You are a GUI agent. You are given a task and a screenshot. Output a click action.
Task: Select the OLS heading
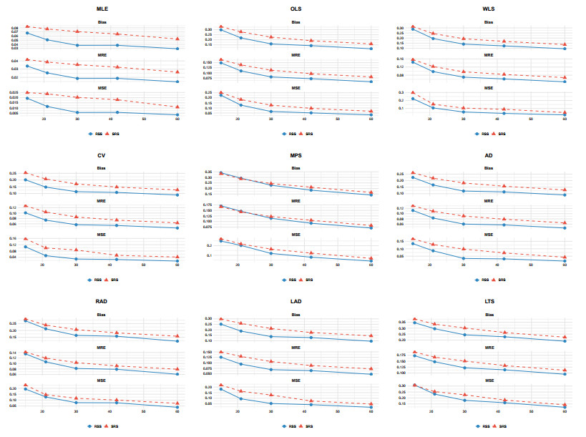[x=296, y=9]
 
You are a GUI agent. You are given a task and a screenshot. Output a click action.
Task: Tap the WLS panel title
[x=489, y=9]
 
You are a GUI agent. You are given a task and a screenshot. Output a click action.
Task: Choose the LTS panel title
[x=489, y=301]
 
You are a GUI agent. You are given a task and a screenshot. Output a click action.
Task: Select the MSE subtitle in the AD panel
[x=489, y=235]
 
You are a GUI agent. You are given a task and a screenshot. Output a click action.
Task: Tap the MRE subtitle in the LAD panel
[x=296, y=348]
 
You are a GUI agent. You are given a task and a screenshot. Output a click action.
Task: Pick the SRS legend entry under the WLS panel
[x=501, y=134]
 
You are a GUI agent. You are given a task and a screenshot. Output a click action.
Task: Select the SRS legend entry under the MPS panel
[x=308, y=280]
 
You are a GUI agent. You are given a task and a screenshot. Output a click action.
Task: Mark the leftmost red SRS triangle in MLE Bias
[x=27, y=26]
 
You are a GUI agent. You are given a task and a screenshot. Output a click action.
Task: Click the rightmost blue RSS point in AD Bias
[x=565, y=195]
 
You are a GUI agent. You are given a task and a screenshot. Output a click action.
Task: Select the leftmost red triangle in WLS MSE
[x=413, y=92]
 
